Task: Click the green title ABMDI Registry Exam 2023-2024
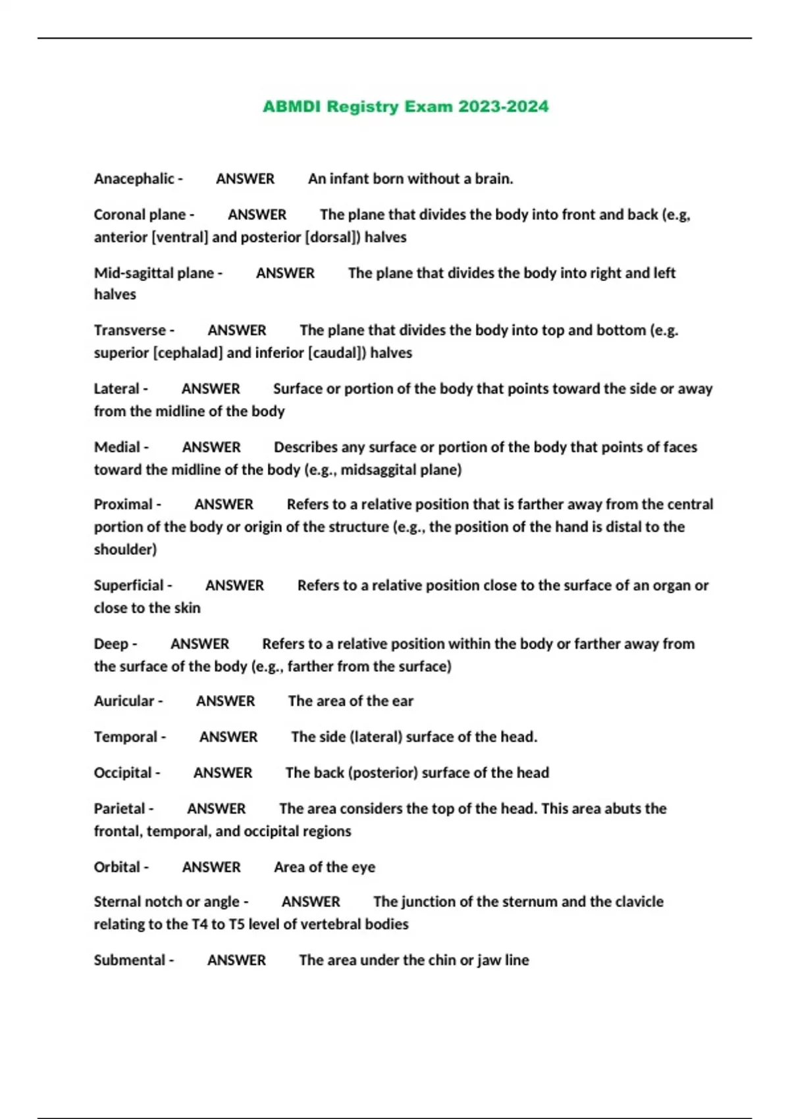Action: point(405,107)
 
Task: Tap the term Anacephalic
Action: point(134,179)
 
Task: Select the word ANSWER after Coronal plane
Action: point(257,215)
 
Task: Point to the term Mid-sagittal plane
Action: point(154,273)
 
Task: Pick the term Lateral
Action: point(117,389)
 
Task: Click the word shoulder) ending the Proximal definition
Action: point(125,550)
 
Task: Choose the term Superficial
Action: point(128,586)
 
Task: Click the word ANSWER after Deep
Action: point(199,644)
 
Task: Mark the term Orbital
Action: point(117,868)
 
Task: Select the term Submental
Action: point(130,960)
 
